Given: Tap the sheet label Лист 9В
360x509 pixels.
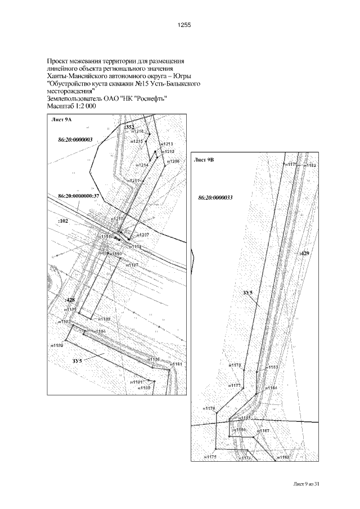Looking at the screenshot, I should pyautogui.click(x=204, y=160).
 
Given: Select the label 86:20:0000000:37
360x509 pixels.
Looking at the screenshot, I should pyautogui.click(x=78, y=195).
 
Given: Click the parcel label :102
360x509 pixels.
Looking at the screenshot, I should pyautogui.click(x=62, y=222).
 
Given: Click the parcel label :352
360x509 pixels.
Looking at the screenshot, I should pyautogui.click(x=129, y=127).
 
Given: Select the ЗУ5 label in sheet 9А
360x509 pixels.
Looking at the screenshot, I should pyautogui.click(x=78, y=360).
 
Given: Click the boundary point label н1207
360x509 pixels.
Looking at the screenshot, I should pyautogui.click(x=143, y=234).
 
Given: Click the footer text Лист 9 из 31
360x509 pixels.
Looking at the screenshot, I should pyautogui.click(x=309, y=484).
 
